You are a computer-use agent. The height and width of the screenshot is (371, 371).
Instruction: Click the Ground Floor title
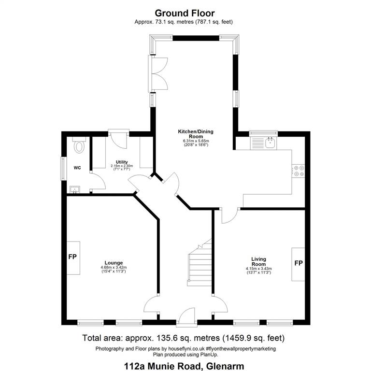point(185,13)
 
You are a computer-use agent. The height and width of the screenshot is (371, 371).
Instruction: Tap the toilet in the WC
point(79,145)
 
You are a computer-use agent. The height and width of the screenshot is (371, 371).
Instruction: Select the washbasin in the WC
point(75,190)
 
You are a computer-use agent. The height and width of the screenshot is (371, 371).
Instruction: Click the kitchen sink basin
point(271,143)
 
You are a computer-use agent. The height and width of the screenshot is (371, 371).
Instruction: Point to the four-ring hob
point(299,171)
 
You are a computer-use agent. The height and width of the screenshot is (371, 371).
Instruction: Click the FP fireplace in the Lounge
point(73,258)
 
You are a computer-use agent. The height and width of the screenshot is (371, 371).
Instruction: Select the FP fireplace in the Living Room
point(298,264)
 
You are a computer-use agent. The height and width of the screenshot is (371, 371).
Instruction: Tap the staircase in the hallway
point(199,263)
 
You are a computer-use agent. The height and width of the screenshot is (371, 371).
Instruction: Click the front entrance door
point(187,317)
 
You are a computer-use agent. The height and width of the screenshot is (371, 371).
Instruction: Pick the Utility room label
point(122,162)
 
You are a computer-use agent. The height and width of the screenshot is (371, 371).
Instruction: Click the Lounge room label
point(114,263)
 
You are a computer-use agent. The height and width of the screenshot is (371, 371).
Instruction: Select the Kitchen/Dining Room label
point(196,134)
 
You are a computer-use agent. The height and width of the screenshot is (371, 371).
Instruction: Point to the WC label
point(77,168)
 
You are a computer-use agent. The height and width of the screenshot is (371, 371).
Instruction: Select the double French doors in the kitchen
point(158,73)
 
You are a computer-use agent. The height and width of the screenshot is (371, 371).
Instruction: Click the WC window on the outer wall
point(63,169)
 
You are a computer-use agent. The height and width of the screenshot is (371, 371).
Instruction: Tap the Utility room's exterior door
point(119,139)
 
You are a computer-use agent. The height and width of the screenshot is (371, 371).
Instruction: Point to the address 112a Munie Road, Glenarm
point(184,366)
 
